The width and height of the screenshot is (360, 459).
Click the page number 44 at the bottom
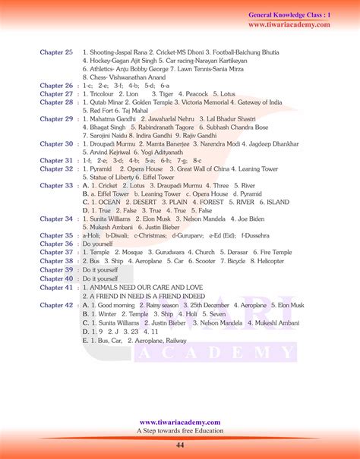(x=180, y=444)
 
